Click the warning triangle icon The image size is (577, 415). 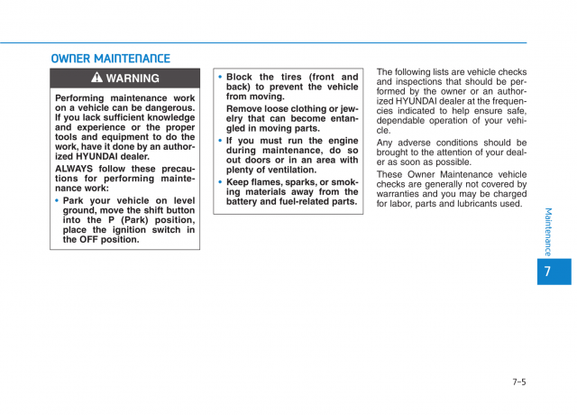[x=96, y=78]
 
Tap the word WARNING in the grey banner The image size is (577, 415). [x=133, y=78]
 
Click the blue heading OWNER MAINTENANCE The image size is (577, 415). [x=110, y=59]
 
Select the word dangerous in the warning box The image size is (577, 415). [x=166, y=107]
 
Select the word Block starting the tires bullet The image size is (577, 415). [x=241, y=78]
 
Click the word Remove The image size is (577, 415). [x=247, y=108]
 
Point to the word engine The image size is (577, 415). [x=342, y=141]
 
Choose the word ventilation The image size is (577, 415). [x=294, y=171]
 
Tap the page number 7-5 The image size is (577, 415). [x=518, y=382]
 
